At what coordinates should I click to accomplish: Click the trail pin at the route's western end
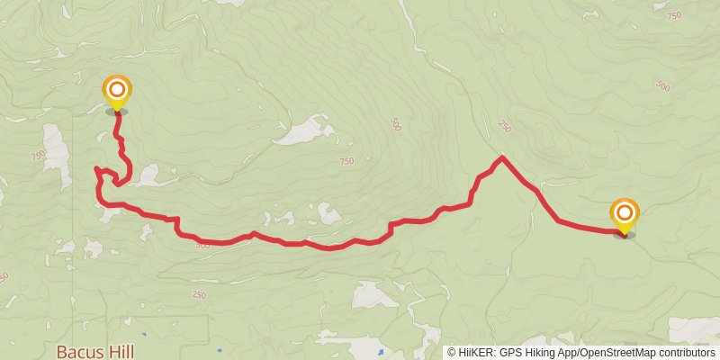pos(117,92)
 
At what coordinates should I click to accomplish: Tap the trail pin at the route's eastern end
pos(625,216)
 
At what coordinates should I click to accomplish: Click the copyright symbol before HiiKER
pos(452,352)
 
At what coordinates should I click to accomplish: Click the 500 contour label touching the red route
pos(202,245)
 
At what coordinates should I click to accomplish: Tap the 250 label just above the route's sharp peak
pos(503,128)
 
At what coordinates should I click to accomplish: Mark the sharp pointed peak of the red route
pos(501,158)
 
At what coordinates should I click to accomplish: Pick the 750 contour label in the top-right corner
pos(675,15)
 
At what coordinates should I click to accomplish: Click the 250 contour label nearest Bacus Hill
pos(199,294)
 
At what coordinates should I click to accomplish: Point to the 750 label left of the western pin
pos(38,156)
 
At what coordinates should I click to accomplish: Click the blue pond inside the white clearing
pos(382,349)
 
